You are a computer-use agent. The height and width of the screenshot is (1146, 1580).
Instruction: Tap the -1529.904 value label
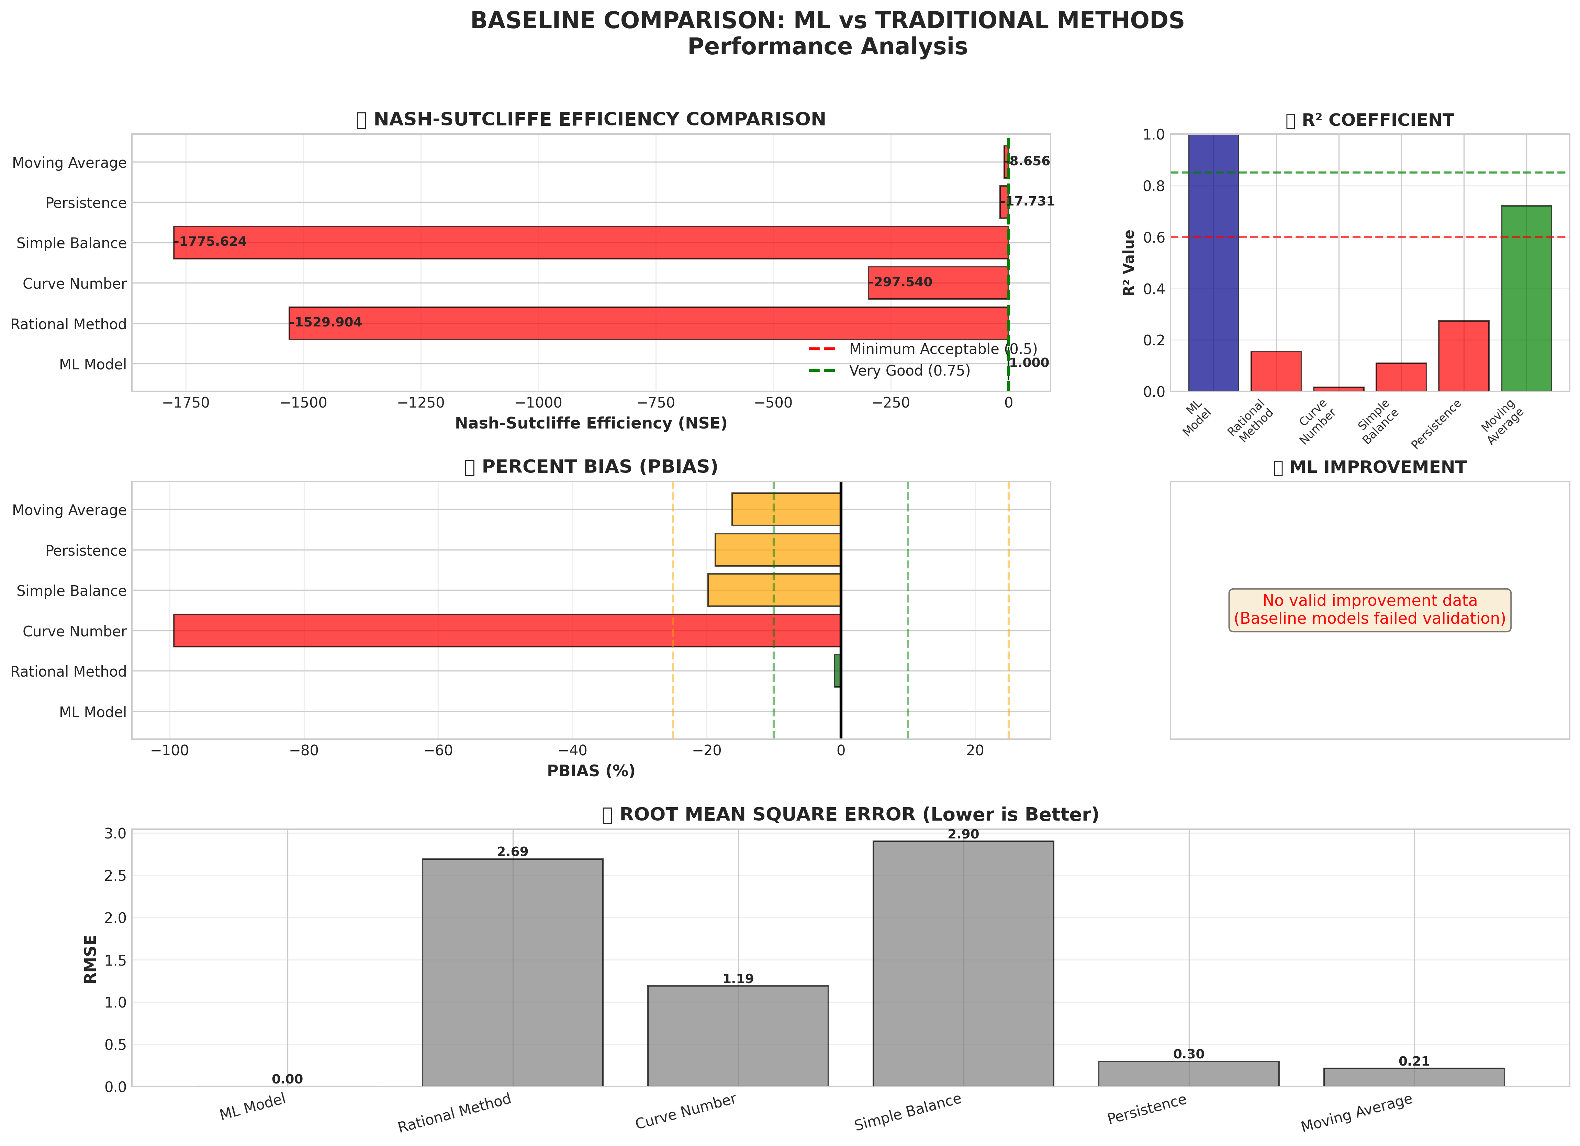(x=326, y=323)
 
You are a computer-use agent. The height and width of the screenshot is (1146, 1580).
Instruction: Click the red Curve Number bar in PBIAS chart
(x=507, y=631)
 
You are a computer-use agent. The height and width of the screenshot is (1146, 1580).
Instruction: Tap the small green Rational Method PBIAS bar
(x=837, y=671)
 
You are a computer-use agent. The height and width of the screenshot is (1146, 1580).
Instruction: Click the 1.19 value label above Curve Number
(x=738, y=979)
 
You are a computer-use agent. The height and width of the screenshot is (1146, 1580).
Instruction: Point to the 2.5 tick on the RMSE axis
(x=116, y=876)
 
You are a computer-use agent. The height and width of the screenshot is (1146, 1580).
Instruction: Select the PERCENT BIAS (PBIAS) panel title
(x=591, y=467)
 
